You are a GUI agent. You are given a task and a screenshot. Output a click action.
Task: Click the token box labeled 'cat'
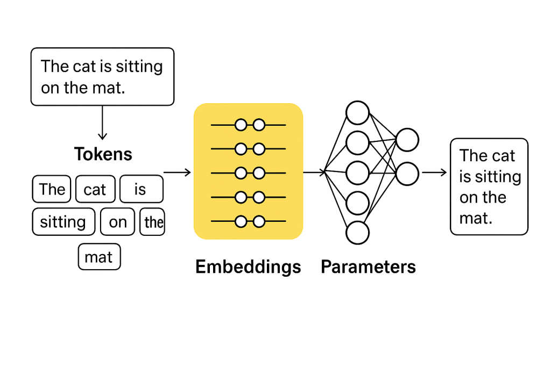tap(95, 189)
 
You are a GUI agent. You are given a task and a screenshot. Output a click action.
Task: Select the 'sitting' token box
tap(63, 222)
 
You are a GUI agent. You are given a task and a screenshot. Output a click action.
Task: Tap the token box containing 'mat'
tap(99, 257)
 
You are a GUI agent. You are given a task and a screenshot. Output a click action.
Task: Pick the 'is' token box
tap(140, 189)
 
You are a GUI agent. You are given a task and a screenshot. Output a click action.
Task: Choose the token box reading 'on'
tap(117, 222)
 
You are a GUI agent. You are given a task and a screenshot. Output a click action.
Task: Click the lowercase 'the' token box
tap(153, 222)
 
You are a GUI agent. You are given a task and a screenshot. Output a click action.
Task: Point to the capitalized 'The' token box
tap(52, 189)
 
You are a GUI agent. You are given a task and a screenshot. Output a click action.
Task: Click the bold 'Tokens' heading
tap(103, 154)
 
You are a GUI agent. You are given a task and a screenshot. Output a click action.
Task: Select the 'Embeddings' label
tap(248, 267)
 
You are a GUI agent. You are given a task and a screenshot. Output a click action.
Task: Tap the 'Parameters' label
tap(368, 267)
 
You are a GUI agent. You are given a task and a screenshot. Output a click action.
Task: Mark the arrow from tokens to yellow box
tap(177, 172)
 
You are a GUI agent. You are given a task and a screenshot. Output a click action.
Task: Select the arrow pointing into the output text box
tap(434, 172)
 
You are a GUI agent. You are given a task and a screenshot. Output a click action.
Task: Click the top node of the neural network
tap(357, 113)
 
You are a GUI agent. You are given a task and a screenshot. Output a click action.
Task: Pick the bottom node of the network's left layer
tap(357, 233)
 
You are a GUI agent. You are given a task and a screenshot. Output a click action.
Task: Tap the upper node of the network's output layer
tap(407, 140)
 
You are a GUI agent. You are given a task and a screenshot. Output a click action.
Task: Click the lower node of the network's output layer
tap(407, 174)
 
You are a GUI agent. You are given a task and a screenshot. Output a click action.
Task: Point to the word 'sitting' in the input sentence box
tap(142, 67)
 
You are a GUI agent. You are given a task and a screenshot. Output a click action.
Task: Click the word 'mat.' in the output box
tap(476, 218)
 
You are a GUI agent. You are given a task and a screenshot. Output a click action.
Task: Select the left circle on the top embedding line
tap(241, 125)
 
